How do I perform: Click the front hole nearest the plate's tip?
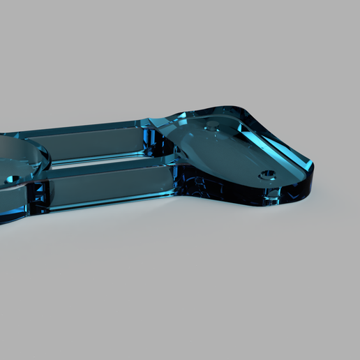pyautogui.click(x=266, y=174)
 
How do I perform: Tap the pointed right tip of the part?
pyautogui.click(x=310, y=167)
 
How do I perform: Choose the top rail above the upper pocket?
pyautogui.click(x=91, y=128)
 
